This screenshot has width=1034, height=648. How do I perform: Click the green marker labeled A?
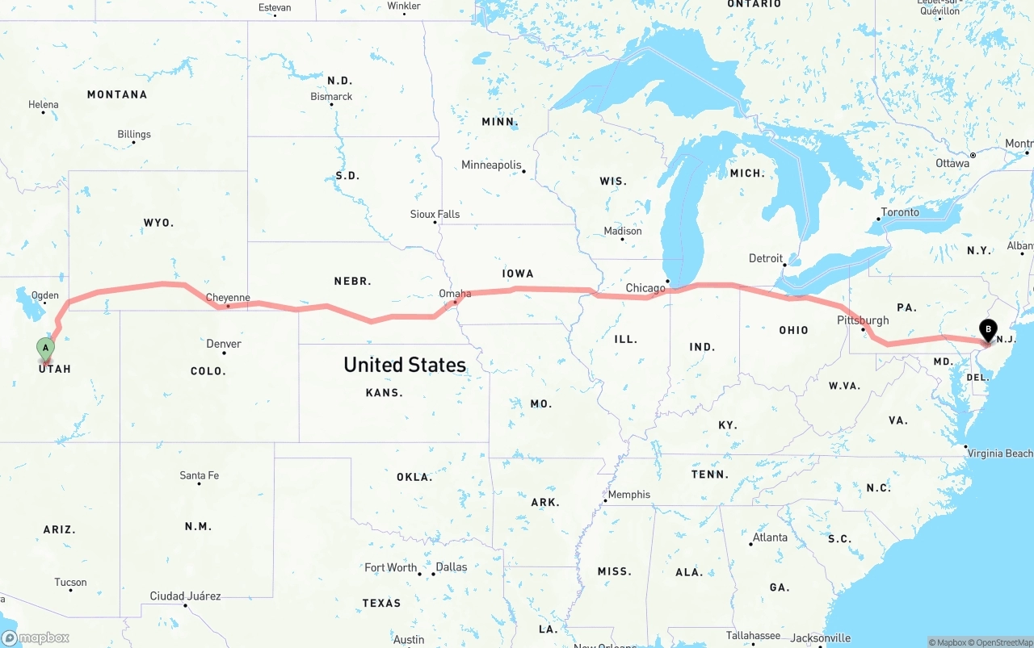(46, 349)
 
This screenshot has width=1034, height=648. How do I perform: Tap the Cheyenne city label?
(228, 298)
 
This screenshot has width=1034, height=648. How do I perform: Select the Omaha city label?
(455, 294)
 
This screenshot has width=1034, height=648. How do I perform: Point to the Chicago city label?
(645, 288)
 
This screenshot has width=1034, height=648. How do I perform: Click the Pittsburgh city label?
(863, 320)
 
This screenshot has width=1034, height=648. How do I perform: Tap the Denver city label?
(224, 344)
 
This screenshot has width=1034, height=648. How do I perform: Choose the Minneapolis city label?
(492, 165)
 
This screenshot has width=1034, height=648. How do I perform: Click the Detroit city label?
(766, 258)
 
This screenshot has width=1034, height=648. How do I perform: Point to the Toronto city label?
(900, 212)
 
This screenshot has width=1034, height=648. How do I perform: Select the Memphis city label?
(628, 495)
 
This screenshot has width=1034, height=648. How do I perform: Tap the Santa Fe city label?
(199, 475)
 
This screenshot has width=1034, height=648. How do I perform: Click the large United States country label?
(405, 365)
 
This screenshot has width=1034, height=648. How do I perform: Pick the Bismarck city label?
(331, 97)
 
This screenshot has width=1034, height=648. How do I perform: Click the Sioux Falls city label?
(435, 214)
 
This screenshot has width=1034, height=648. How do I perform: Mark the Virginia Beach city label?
(1000, 454)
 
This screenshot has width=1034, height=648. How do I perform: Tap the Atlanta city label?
(770, 537)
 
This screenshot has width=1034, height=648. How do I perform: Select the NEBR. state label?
(352, 281)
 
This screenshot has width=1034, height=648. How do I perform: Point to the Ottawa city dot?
(973, 154)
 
